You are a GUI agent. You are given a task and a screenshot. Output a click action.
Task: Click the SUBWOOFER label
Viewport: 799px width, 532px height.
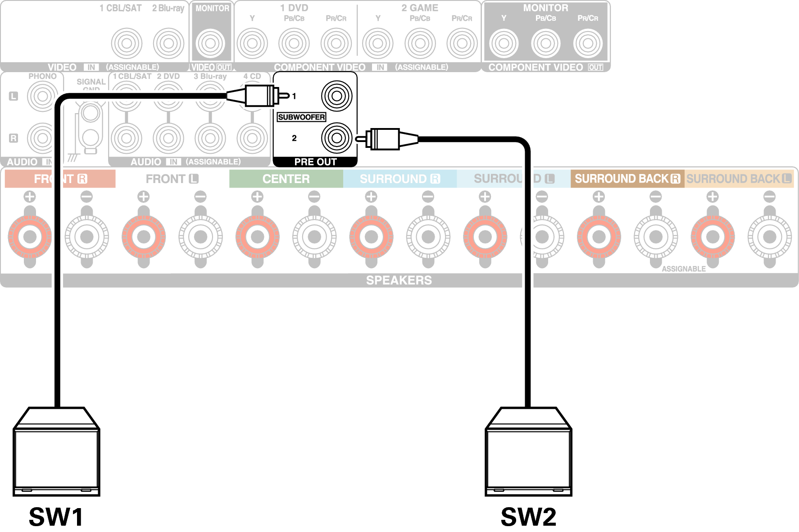(x=301, y=117)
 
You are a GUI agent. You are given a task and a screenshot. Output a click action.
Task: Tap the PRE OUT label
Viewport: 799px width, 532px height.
(x=315, y=162)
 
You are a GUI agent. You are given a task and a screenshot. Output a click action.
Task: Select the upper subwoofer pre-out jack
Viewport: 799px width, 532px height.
(x=336, y=96)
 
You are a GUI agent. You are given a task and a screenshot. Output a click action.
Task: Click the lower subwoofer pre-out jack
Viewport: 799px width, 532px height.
(x=336, y=138)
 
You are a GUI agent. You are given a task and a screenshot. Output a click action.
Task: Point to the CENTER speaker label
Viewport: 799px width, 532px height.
(x=286, y=179)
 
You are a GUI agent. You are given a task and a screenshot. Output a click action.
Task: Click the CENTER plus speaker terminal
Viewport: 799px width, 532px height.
(x=257, y=237)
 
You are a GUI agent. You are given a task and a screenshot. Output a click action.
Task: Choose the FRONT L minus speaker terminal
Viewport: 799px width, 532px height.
(x=200, y=237)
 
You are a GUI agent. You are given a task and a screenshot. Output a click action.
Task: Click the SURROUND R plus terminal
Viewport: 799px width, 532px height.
(x=371, y=237)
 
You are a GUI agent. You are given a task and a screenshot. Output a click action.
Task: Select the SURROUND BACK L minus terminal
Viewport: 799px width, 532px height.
(x=769, y=237)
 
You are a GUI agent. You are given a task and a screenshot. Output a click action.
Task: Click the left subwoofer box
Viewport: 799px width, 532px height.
(x=56, y=455)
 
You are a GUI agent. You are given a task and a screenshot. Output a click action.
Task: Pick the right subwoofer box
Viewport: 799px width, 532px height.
(x=528, y=455)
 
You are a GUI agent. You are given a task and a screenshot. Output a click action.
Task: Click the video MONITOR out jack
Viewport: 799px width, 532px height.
(x=210, y=43)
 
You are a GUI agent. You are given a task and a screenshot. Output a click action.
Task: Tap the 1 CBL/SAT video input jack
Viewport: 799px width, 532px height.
(x=127, y=43)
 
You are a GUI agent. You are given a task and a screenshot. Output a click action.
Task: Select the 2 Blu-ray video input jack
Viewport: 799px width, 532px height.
(x=168, y=43)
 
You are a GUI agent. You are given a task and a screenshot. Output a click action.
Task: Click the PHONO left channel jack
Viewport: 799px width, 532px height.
(x=43, y=96)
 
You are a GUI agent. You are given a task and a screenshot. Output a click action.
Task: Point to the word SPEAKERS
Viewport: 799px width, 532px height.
(x=399, y=280)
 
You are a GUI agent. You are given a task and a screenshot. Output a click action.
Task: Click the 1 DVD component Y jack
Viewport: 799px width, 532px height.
(x=252, y=43)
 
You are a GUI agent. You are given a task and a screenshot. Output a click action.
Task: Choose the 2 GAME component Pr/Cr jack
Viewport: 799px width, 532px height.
(x=462, y=43)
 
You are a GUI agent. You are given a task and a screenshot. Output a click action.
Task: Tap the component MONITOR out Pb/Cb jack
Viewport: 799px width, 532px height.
(x=545, y=43)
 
